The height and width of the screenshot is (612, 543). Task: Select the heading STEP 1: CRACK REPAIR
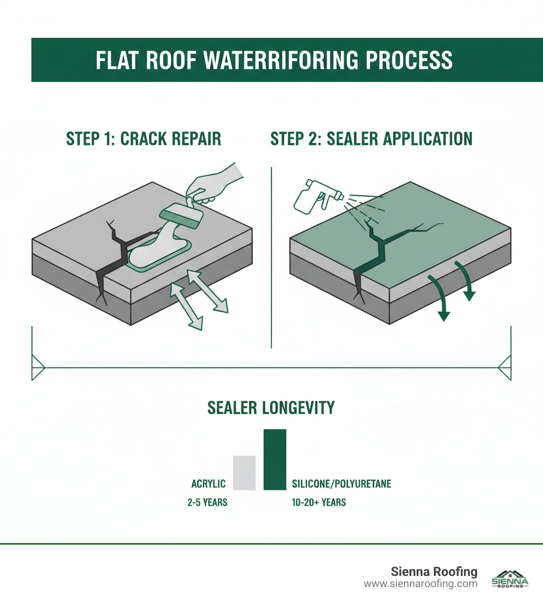pos(143,139)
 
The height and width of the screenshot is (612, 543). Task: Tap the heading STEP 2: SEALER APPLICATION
pos(371,139)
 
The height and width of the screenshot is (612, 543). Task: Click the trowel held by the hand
pos(180,216)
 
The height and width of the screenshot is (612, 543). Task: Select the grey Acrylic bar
pos(244,473)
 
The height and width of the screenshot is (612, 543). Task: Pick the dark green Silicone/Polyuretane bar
pos(275,460)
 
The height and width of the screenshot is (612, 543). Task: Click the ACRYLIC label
pos(208,484)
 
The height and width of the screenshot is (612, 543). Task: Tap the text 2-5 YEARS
pos(207,502)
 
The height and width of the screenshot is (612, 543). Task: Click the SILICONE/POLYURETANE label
pos(341,484)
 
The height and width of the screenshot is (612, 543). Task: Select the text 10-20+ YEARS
pos(319,502)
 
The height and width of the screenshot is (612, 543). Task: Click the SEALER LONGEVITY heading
pos(271,407)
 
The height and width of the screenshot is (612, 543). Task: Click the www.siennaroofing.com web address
pos(421,584)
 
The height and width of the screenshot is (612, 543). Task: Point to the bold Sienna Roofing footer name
pos(434,572)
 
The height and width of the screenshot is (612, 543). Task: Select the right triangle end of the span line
pos(505,368)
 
